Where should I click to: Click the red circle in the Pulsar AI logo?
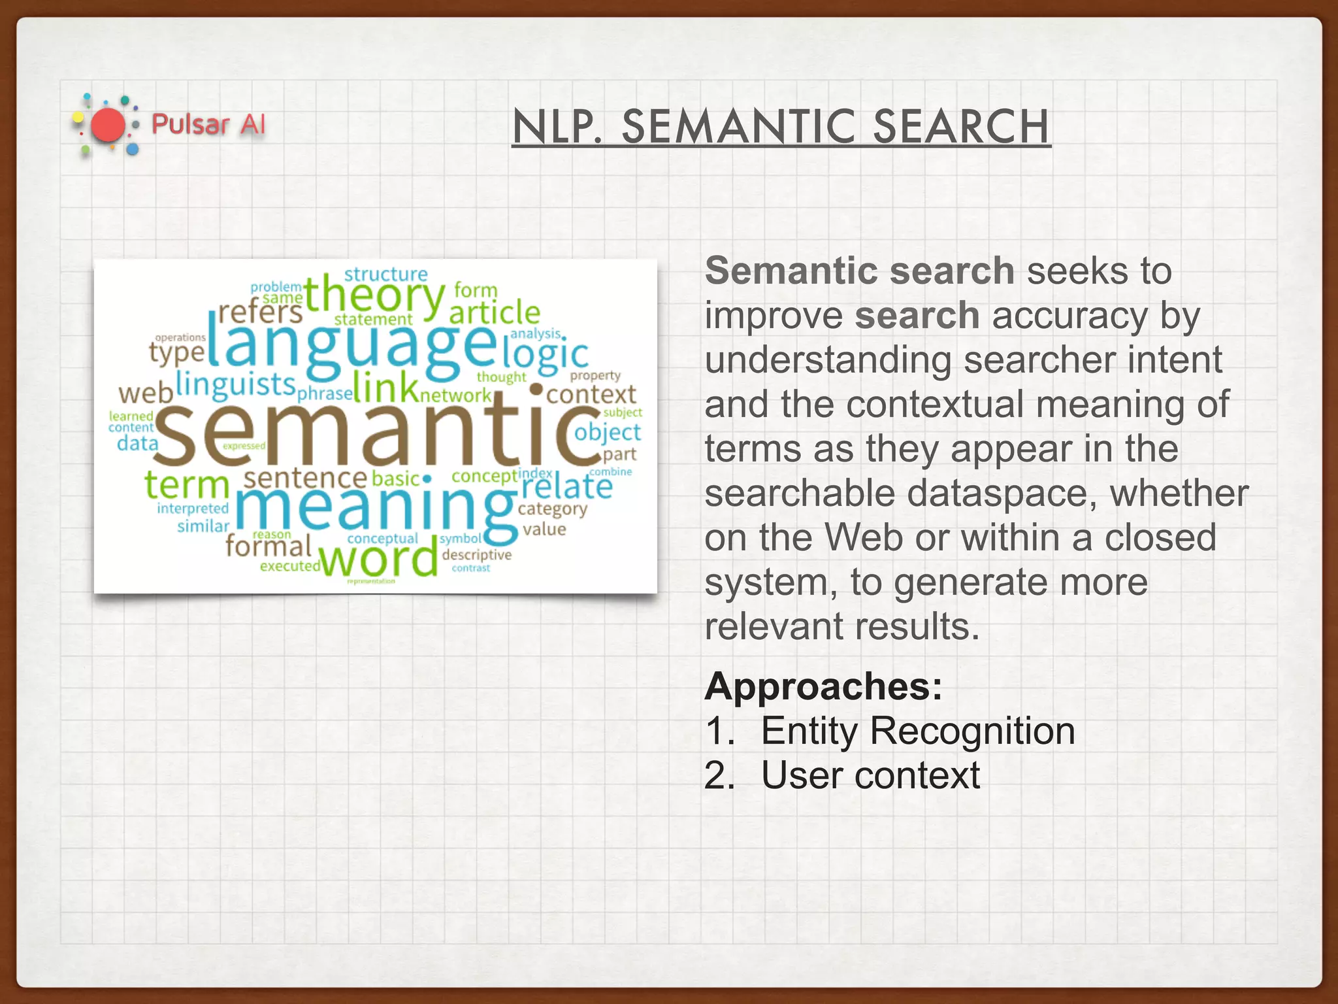[x=108, y=125]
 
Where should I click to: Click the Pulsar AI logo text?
[x=208, y=124]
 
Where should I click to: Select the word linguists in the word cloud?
[x=236, y=384]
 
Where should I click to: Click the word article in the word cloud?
[x=495, y=312]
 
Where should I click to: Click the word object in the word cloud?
[x=608, y=433]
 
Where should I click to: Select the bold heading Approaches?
[x=823, y=686]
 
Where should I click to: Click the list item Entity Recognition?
[x=917, y=731]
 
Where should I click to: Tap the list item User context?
[x=870, y=776]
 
